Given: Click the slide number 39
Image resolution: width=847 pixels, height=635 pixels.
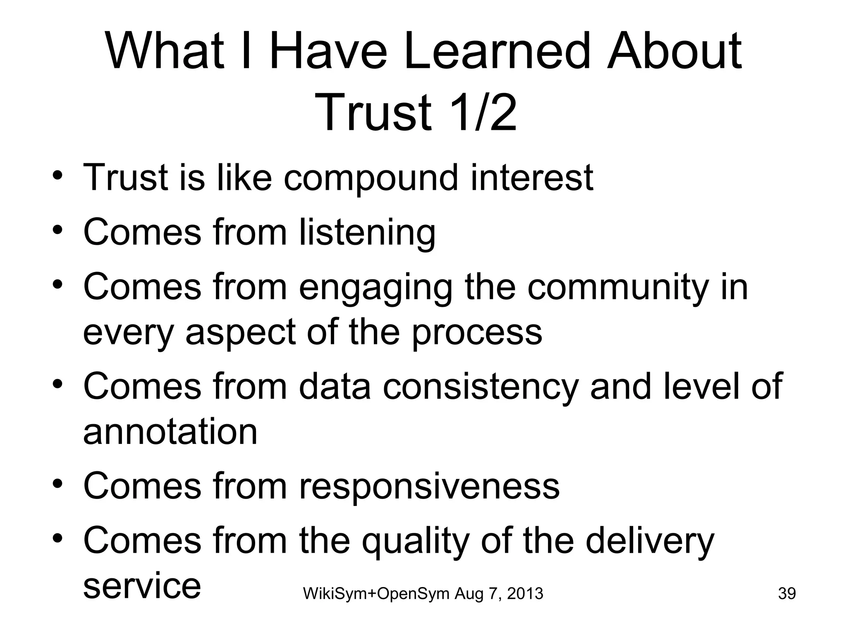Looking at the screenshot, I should (x=787, y=594).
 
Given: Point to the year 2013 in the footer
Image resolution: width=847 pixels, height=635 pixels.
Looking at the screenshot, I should (x=525, y=594).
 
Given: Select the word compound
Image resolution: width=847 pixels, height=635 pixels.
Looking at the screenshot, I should (x=371, y=179).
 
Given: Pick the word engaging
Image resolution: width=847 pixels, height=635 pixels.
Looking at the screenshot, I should (x=376, y=288).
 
